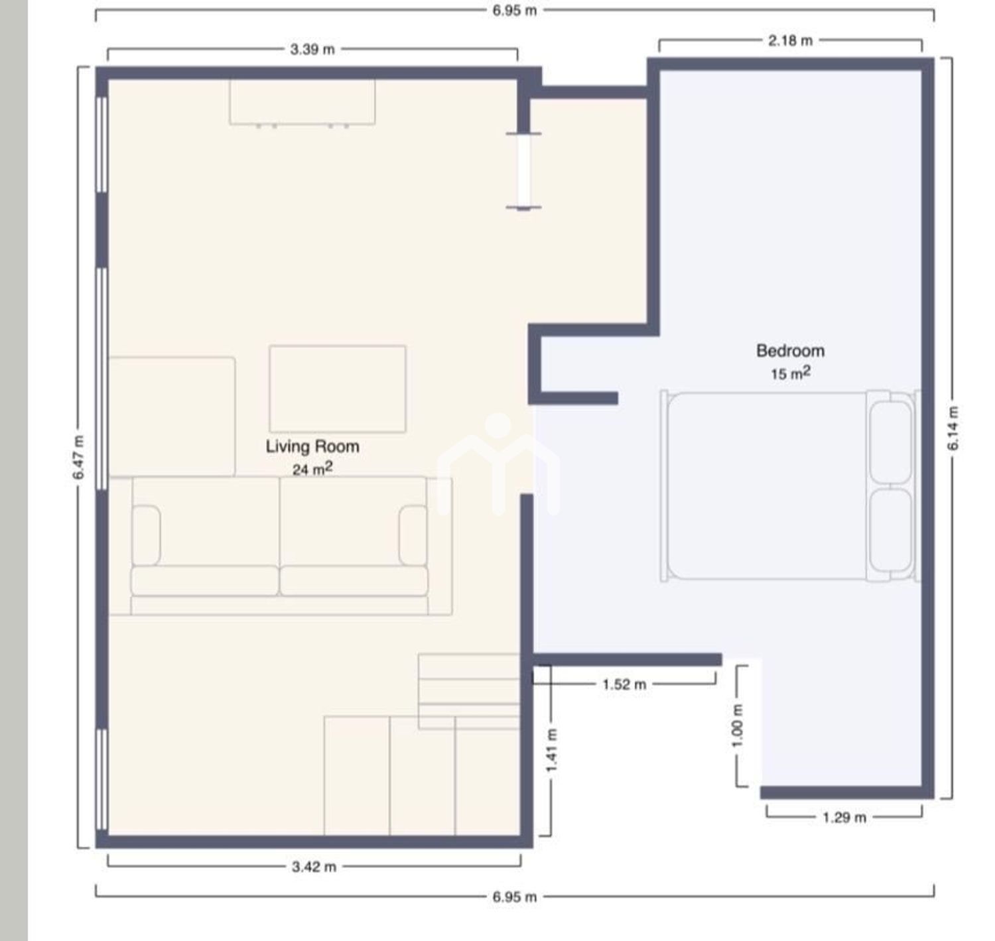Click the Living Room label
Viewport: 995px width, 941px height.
pyautogui.click(x=312, y=446)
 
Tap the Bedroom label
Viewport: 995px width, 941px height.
pyautogui.click(x=790, y=351)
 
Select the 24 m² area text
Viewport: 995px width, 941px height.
pyautogui.click(x=312, y=469)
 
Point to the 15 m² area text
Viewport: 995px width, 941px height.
pyautogui.click(x=790, y=373)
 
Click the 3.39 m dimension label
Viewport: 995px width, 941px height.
pyautogui.click(x=312, y=50)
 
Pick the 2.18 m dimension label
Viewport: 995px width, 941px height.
pyautogui.click(x=790, y=40)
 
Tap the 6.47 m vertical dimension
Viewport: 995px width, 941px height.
pyautogui.click(x=78, y=458)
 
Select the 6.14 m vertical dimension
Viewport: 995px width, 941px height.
pyautogui.click(x=953, y=428)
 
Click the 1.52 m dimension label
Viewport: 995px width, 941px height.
pyautogui.click(x=624, y=684)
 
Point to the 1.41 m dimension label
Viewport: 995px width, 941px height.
pyautogui.click(x=552, y=750)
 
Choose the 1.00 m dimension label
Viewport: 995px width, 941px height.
pyautogui.click(x=738, y=726)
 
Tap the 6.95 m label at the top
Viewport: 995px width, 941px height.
pyautogui.click(x=514, y=11)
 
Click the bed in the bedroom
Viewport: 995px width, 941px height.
pyautogui.click(x=790, y=485)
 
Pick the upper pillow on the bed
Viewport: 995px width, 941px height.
pyautogui.click(x=891, y=442)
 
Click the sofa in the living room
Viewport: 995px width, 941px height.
pyautogui.click(x=281, y=546)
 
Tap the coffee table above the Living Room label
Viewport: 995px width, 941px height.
pyautogui.click(x=338, y=389)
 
